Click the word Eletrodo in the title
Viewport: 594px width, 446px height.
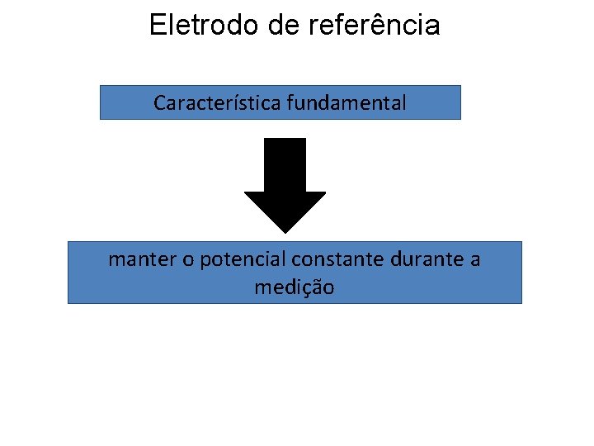205,26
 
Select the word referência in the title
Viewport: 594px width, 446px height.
374,26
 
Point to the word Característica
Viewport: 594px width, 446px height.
218,103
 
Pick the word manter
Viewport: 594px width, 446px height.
140,259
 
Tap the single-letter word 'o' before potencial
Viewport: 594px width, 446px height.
188,260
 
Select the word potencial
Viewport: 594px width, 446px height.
240,260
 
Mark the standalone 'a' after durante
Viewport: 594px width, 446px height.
474,260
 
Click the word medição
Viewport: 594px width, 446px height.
295,288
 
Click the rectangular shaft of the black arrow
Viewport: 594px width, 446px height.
285,165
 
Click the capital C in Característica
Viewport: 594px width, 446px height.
159,103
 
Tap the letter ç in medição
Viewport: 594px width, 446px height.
309,289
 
